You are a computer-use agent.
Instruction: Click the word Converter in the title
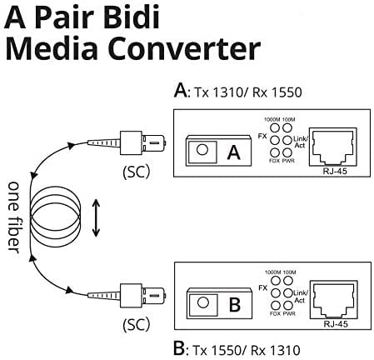click(199, 51)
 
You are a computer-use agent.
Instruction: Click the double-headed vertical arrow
click(97, 218)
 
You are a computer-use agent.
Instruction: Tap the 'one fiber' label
click(14, 218)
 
